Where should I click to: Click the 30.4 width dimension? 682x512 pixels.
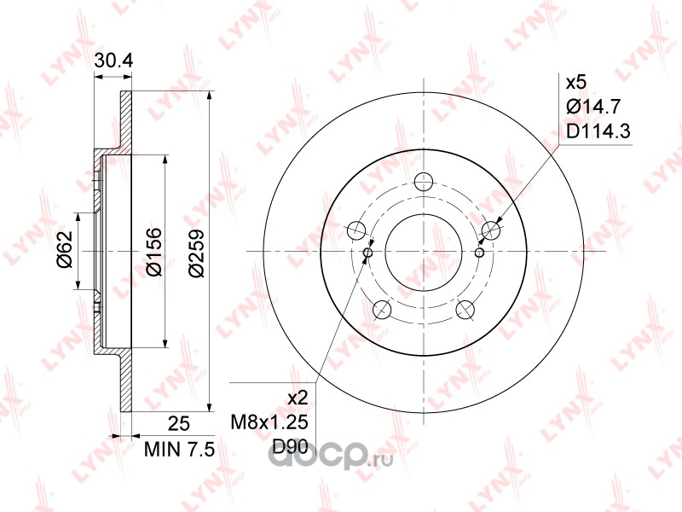pos(113,61)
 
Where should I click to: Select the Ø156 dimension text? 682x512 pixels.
pos(153,252)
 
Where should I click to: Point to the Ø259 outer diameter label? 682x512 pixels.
pos(196,252)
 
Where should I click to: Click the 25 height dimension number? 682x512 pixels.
pos(179,423)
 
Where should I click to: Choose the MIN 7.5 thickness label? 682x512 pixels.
pos(180,450)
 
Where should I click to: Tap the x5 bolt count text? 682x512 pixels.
pos(576,82)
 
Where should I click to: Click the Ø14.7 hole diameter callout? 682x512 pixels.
pos(593,106)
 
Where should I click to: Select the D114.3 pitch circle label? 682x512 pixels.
pos(598,131)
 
